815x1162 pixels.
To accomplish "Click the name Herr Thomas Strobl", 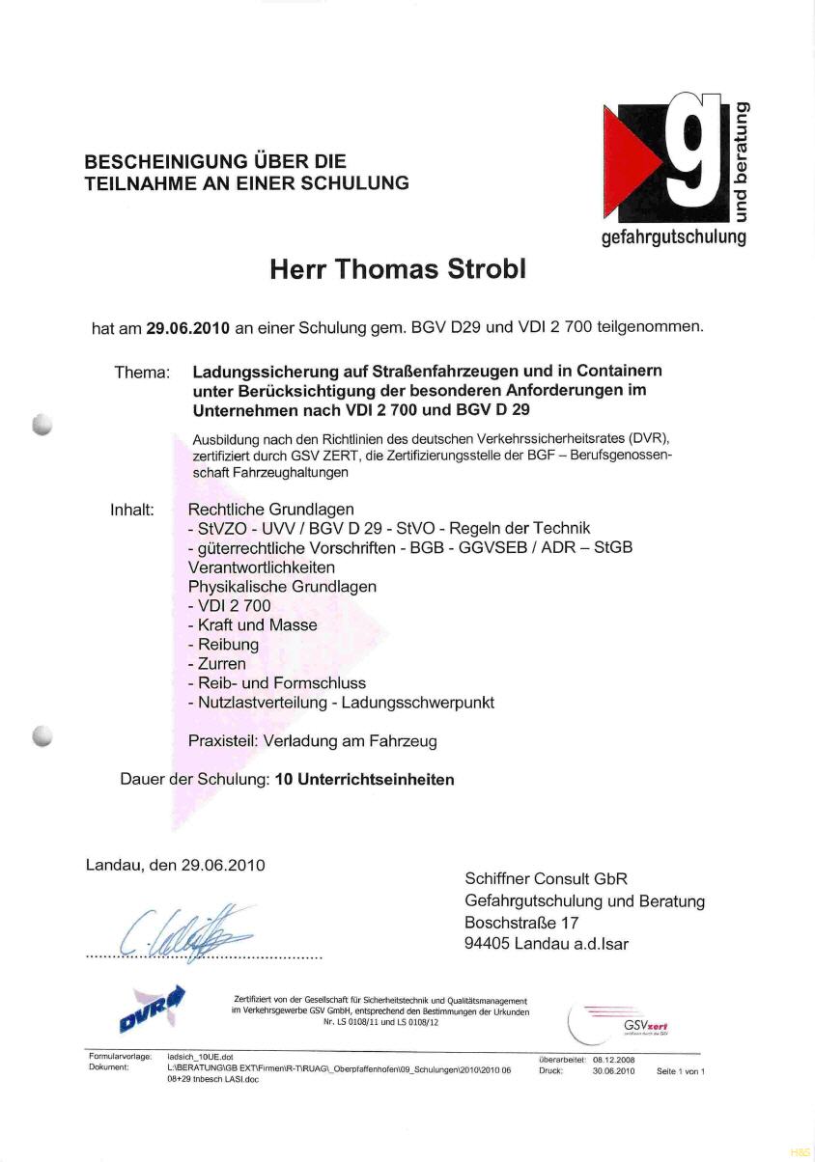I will [398, 270].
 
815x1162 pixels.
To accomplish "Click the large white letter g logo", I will [693, 151].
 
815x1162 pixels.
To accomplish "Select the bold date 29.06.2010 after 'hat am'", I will [187, 327].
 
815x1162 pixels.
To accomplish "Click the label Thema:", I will [142, 372].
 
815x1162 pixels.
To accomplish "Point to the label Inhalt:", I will [132, 509].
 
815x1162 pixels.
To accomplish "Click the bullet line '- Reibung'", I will [223, 645].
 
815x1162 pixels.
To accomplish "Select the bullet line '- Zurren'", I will [217, 664].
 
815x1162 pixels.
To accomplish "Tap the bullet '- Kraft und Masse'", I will [252, 625].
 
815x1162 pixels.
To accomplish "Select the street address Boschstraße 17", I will [521, 923].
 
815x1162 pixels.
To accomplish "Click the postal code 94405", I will [487, 944].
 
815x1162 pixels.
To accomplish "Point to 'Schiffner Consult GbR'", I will [546, 879].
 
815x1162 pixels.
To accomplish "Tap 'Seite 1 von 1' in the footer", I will [681, 1071].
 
